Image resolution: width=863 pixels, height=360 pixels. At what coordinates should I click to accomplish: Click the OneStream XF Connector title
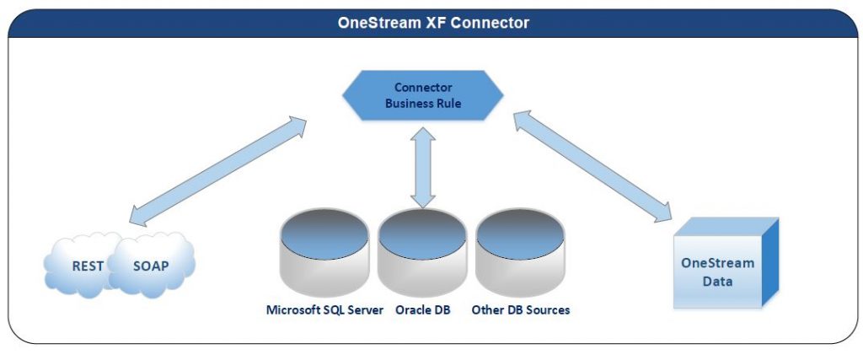tap(433, 23)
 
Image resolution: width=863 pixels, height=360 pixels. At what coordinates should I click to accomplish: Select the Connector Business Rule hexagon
tap(423, 95)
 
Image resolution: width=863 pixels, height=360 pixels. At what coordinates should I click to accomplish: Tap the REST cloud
tap(83, 266)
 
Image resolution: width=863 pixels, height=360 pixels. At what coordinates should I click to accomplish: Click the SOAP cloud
tap(152, 266)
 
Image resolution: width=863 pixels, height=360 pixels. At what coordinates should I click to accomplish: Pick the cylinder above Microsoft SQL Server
tap(324, 252)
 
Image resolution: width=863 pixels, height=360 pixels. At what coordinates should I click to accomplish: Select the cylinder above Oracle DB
tap(422, 252)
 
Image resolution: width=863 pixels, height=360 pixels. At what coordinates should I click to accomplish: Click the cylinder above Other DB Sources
tap(519, 252)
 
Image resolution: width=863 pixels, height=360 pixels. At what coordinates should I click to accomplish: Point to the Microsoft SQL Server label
tap(324, 310)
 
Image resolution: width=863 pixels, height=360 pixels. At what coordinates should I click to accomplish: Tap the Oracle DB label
tap(423, 310)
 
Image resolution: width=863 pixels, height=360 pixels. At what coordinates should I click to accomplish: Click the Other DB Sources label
tap(521, 310)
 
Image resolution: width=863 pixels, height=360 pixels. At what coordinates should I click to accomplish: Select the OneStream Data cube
tap(726, 262)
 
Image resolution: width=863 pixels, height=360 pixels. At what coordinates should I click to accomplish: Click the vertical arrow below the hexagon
tap(423, 167)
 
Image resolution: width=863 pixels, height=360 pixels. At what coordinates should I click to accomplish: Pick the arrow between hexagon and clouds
tap(217, 171)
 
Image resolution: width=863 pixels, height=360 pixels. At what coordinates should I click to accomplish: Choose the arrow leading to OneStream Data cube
tap(592, 166)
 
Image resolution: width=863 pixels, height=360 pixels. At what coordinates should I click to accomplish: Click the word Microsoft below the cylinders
tap(291, 310)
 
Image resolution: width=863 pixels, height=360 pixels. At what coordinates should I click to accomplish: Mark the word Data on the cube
tap(717, 282)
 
